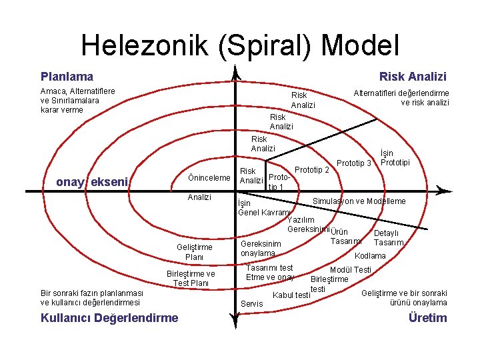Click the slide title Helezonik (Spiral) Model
coord(240,45)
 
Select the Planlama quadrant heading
coord(67,77)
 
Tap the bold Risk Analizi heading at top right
coord(413,77)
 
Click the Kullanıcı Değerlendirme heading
coord(109,317)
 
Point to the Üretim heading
coord(427,317)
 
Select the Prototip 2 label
coord(311,170)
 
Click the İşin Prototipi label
coord(395,158)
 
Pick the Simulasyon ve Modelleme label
coord(359,201)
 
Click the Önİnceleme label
coord(209,177)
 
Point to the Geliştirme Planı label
coord(194,252)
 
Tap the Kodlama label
coord(370,256)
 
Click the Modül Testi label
coord(351,269)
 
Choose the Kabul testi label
coord(292,295)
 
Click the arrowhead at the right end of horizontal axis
coord(443,191)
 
